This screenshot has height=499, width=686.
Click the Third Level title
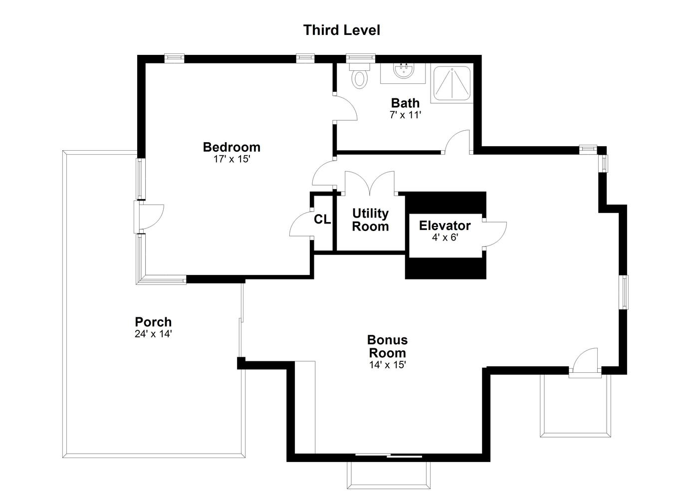tap(341, 30)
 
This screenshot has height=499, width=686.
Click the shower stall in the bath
tap(452, 83)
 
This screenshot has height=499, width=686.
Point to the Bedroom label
tap(231, 147)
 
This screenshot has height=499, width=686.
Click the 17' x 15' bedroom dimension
tap(232, 159)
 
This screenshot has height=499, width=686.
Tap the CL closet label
tap(322, 220)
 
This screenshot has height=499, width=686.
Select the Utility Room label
tap(370, 220)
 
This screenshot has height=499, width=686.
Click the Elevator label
tap(445, 226)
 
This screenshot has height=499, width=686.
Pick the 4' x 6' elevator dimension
tap(445, 238)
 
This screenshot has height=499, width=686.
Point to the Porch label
tap(153, 322)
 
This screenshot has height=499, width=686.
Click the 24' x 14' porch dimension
tap(153, 334)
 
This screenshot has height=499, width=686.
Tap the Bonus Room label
tap(388, 346)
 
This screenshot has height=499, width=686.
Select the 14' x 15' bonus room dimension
tap(388, 365)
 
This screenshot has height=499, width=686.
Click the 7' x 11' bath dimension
tap(405, 115)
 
